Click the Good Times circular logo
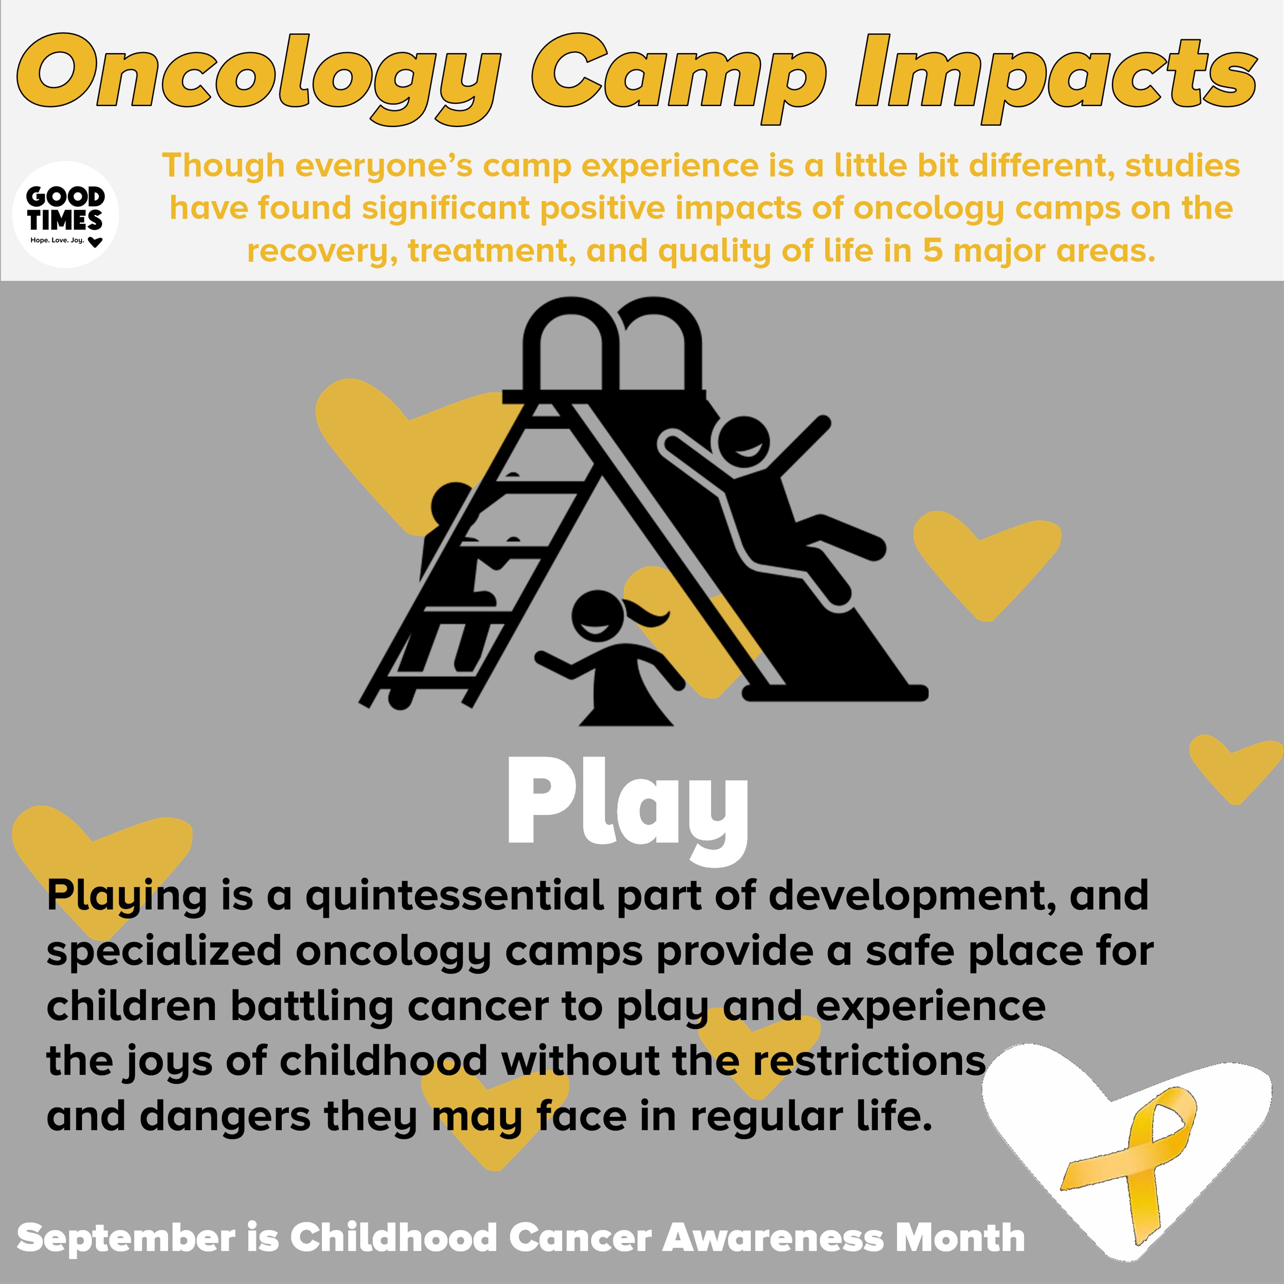pyautogui.click(x=66, y=214)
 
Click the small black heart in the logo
pyautogui.click(x=96, y=242)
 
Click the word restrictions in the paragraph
pyautogui.click(x=869, y=1061)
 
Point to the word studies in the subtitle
pyautogui.click(x=1182, y=166)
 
